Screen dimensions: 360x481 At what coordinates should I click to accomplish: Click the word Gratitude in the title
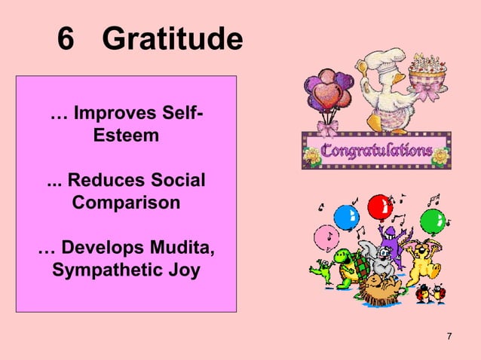pyautogui.click(x=172, y=40)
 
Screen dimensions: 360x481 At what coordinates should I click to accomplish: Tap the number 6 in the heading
pyautogui.click(x=67, y=40)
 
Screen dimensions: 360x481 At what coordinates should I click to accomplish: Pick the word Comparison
pyautogui.click(x=126, y=203)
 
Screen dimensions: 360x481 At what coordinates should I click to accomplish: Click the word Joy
pyautogui.click(x=184, y=269)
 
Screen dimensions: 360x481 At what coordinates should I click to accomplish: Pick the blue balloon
pyautogui.click(x=345, y=218)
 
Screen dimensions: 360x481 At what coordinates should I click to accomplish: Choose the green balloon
pyautogui.click(x=432, y=221)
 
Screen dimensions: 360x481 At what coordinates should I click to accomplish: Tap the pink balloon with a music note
pyautogui.click(x=326, y=236)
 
